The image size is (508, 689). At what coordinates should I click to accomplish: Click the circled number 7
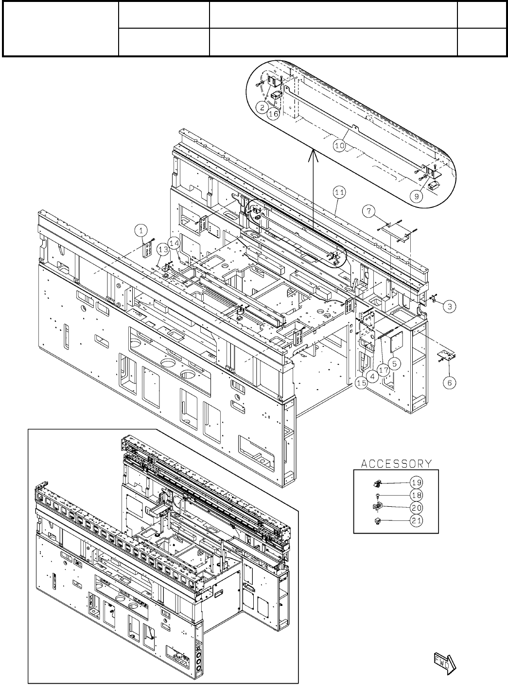click(x=369, y=211)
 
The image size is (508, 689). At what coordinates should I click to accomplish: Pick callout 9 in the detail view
click(x=416, y=196)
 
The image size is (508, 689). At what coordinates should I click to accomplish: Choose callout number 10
click(x=339, y=145)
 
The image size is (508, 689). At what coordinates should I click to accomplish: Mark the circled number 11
click(x=339, y=192)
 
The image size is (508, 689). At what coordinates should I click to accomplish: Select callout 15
click(x=361, y=383)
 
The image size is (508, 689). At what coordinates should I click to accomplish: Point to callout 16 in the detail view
click(x=274, y=113)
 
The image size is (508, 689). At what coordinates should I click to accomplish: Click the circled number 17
click(x=384, y=369)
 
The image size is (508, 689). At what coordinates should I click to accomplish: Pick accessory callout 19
click(x=416, y=482)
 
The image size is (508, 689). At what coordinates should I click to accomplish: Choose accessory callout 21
click(x=416, y=521)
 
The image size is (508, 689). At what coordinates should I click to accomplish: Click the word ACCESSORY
click(x=396, y=464)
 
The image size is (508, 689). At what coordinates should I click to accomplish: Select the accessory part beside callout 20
click(x=376, y=507)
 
